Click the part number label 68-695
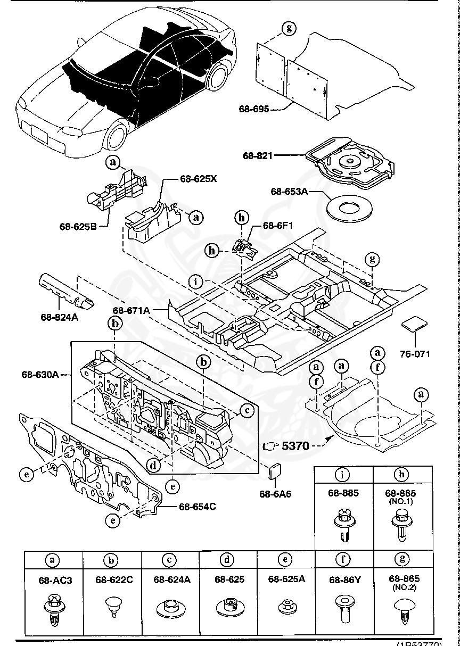click(253, 109)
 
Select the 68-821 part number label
click(258, 156)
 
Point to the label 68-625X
click(199, 179)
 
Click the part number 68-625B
click(78, 226)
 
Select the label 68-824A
click(59, 318)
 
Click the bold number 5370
click(295, 446)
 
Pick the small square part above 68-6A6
click(275, 471)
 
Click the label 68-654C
click(197, 506)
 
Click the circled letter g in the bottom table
click(402, 559)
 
